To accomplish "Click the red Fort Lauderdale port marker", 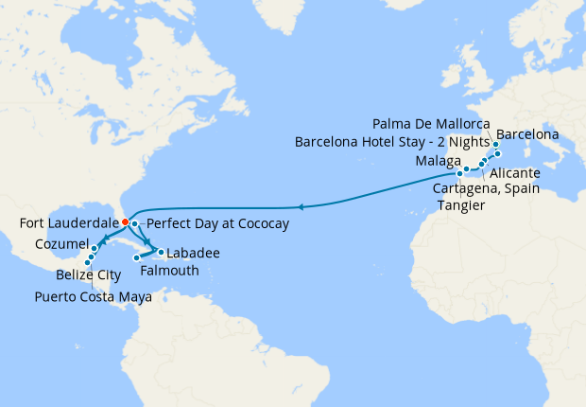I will pos(125,222).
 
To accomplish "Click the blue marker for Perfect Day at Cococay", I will pos(135,223).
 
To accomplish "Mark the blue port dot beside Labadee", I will pos(162,252).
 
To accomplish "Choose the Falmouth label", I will pos(169,271).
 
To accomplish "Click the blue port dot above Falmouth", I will pos(137,257).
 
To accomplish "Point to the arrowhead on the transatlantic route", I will pos(300,206).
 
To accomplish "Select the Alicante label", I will pos(516,173).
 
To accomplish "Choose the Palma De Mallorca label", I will pos(431,124).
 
